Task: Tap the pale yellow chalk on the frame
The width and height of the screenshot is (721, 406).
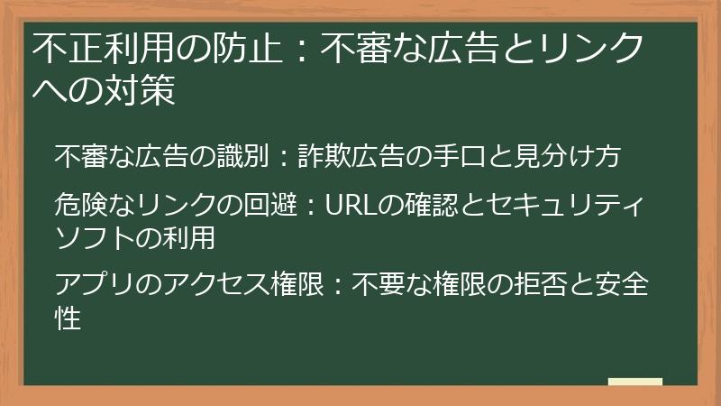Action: click(x=634, y=382)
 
